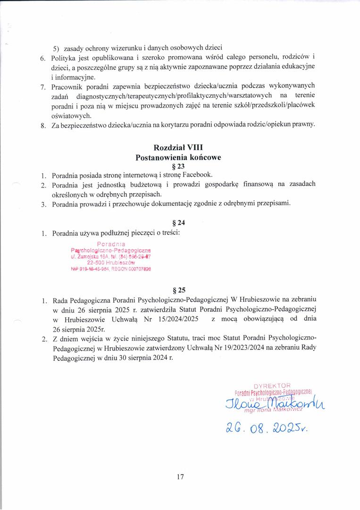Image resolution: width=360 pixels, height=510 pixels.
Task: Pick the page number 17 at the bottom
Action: click(x=180, y=477)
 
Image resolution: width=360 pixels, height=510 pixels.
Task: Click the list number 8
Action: click(x=43, y=125)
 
